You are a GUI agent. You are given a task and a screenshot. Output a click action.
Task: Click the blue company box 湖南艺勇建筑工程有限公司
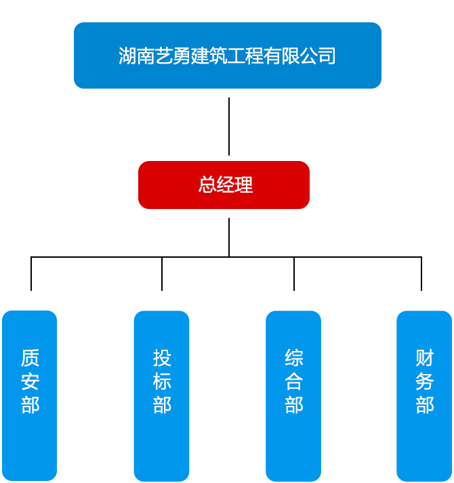pos(227,55)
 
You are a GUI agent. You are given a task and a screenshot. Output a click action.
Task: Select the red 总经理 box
pos(224,185)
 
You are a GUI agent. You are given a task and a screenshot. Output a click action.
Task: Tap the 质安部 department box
pos(30,396)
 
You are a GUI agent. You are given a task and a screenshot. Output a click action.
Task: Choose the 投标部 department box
pos(161,396)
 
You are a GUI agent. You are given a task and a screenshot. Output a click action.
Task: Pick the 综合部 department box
pos(293,396)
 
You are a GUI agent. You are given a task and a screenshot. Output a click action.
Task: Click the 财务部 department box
pos(424,396)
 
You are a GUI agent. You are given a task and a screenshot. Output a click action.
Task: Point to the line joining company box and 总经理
pos(229,127)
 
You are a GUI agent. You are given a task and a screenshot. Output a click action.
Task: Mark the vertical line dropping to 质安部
pos(31,275)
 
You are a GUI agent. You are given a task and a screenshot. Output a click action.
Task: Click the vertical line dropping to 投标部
pos(162,275)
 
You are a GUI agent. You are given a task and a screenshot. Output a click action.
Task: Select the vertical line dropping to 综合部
pos(294,275)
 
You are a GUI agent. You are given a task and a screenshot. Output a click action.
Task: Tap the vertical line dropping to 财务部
pos(421,275)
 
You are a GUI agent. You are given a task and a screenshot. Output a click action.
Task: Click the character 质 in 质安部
pos(30,358)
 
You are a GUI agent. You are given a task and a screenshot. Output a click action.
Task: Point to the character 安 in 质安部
pos(30,382)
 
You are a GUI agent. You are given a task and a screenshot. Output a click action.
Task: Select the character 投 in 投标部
pos(162,358)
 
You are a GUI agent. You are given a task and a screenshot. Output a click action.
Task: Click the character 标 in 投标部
pos(162,382)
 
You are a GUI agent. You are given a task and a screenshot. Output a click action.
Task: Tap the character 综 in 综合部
pos(293,358)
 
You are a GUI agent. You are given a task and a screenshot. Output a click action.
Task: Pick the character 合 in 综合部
pos(293,382)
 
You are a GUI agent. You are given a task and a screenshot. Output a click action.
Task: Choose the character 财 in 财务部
pos(424,358)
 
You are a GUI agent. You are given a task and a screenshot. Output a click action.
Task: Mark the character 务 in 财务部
pos(424,382)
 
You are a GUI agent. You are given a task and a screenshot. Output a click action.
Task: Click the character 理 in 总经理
pos(244,185)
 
